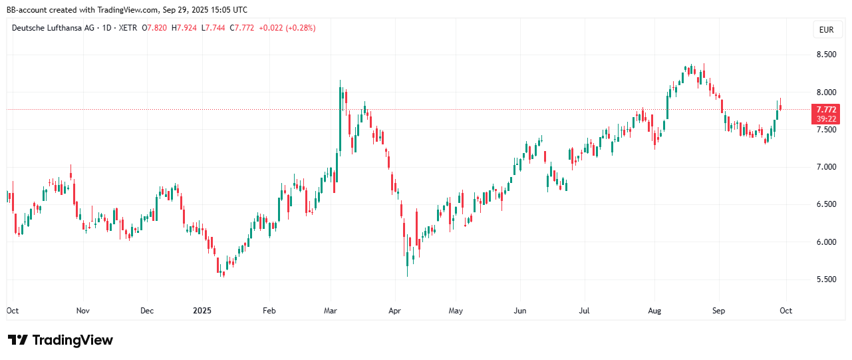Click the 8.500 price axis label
[825, 55]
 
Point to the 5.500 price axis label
[825, 279]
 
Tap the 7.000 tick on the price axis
[825, 167]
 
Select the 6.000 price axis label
[825, 242]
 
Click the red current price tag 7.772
[826, 109]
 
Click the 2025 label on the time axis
[202, 311]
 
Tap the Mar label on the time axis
[331, 311]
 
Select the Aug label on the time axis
[654, 311]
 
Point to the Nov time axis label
[82, 311]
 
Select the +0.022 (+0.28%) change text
[287, 28]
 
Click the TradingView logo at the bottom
[61, 340]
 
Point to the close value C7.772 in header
[242, 28]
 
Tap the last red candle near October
[780, 106]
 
